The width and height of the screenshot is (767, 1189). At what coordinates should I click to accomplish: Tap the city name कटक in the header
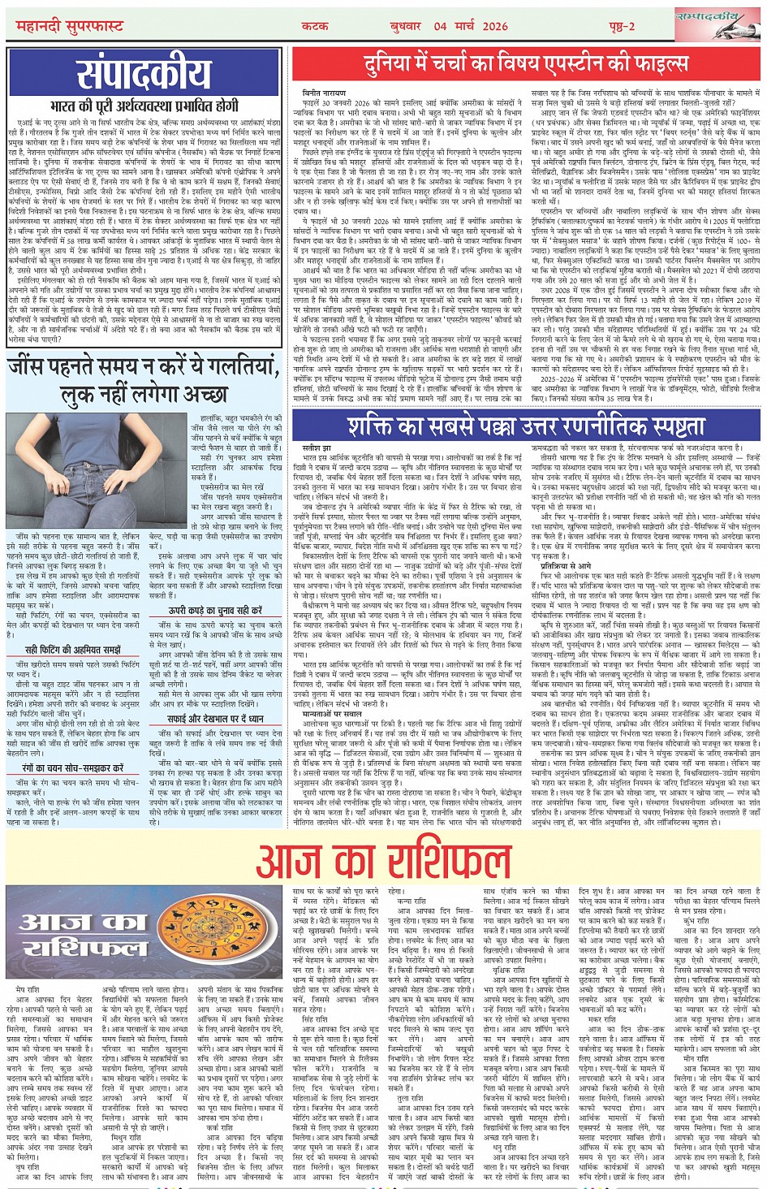pyautogui.click(x=315, y=26)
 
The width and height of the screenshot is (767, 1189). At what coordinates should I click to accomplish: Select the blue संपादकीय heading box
pyautogui.click(x=144, y=75)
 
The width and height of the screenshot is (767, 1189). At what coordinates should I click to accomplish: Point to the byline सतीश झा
pyautogui.click(x=317, y=447)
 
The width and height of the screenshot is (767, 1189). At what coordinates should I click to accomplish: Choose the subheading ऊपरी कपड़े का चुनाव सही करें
pyautogui.click(x=215, y=610)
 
